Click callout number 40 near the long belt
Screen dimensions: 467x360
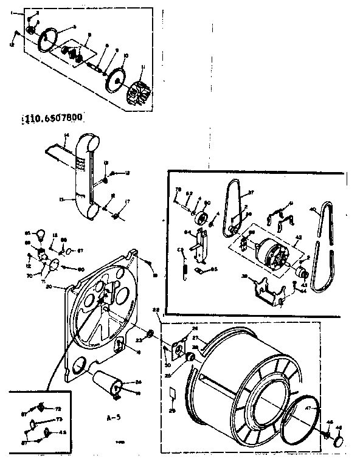tap(313, 210)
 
